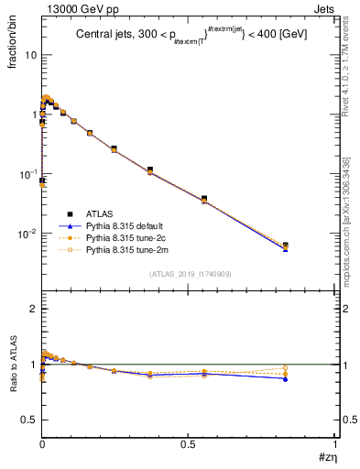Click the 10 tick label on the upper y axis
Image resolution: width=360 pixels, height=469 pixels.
(x=30, y=55)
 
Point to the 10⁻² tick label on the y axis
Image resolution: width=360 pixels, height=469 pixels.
(x=27, y=234)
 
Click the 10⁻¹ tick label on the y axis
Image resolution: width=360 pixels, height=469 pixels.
(x=27, y=174)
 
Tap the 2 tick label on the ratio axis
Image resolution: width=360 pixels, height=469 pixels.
(x=33, y=309)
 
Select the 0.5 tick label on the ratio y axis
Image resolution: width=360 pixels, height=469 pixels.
(x=28, y=420)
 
